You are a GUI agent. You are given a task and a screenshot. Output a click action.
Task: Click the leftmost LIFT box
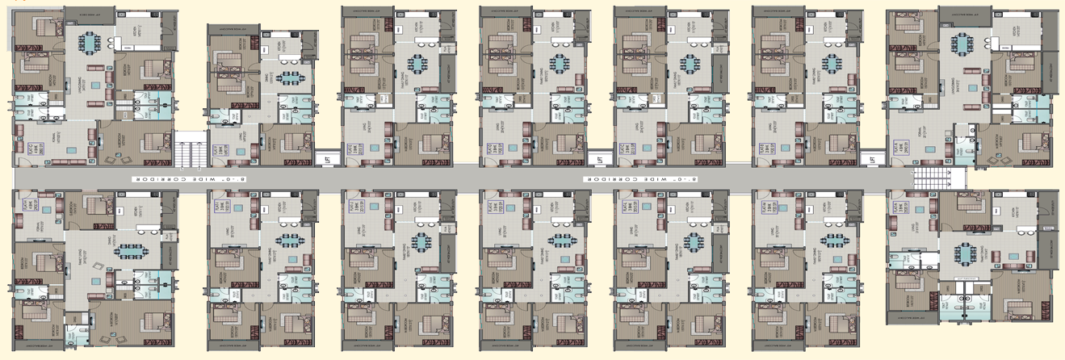click(x=325, y=160)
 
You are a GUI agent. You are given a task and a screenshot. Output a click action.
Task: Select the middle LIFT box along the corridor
click(x=598, y=160)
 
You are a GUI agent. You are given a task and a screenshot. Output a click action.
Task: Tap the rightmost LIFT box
click(x=872, y=160)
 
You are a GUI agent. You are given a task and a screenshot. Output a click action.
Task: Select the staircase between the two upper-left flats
click(x=188, y=149)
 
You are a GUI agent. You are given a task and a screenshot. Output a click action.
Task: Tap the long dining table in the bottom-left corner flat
click(x=129, y=251)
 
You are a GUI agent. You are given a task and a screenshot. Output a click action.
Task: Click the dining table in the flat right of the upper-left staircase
click(x=287, y=78)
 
